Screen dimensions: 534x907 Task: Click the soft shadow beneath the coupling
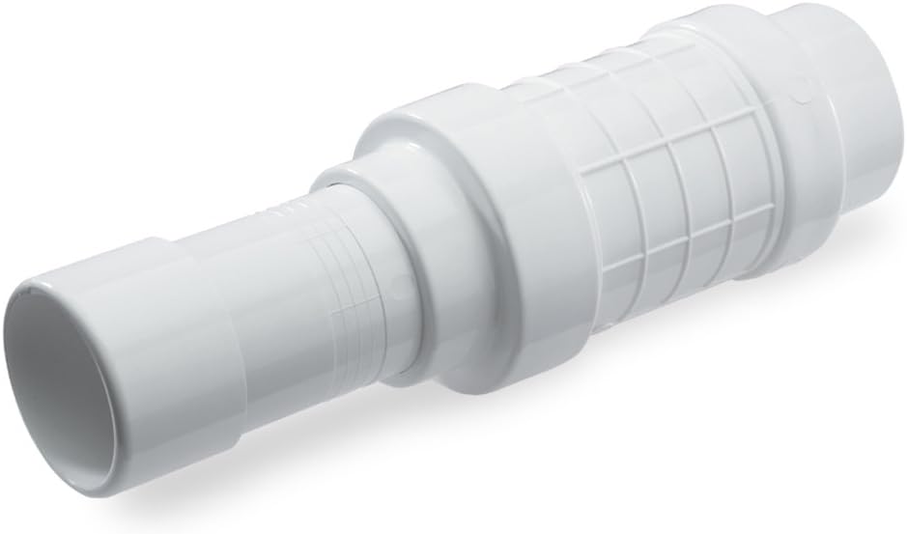[483, 406]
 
